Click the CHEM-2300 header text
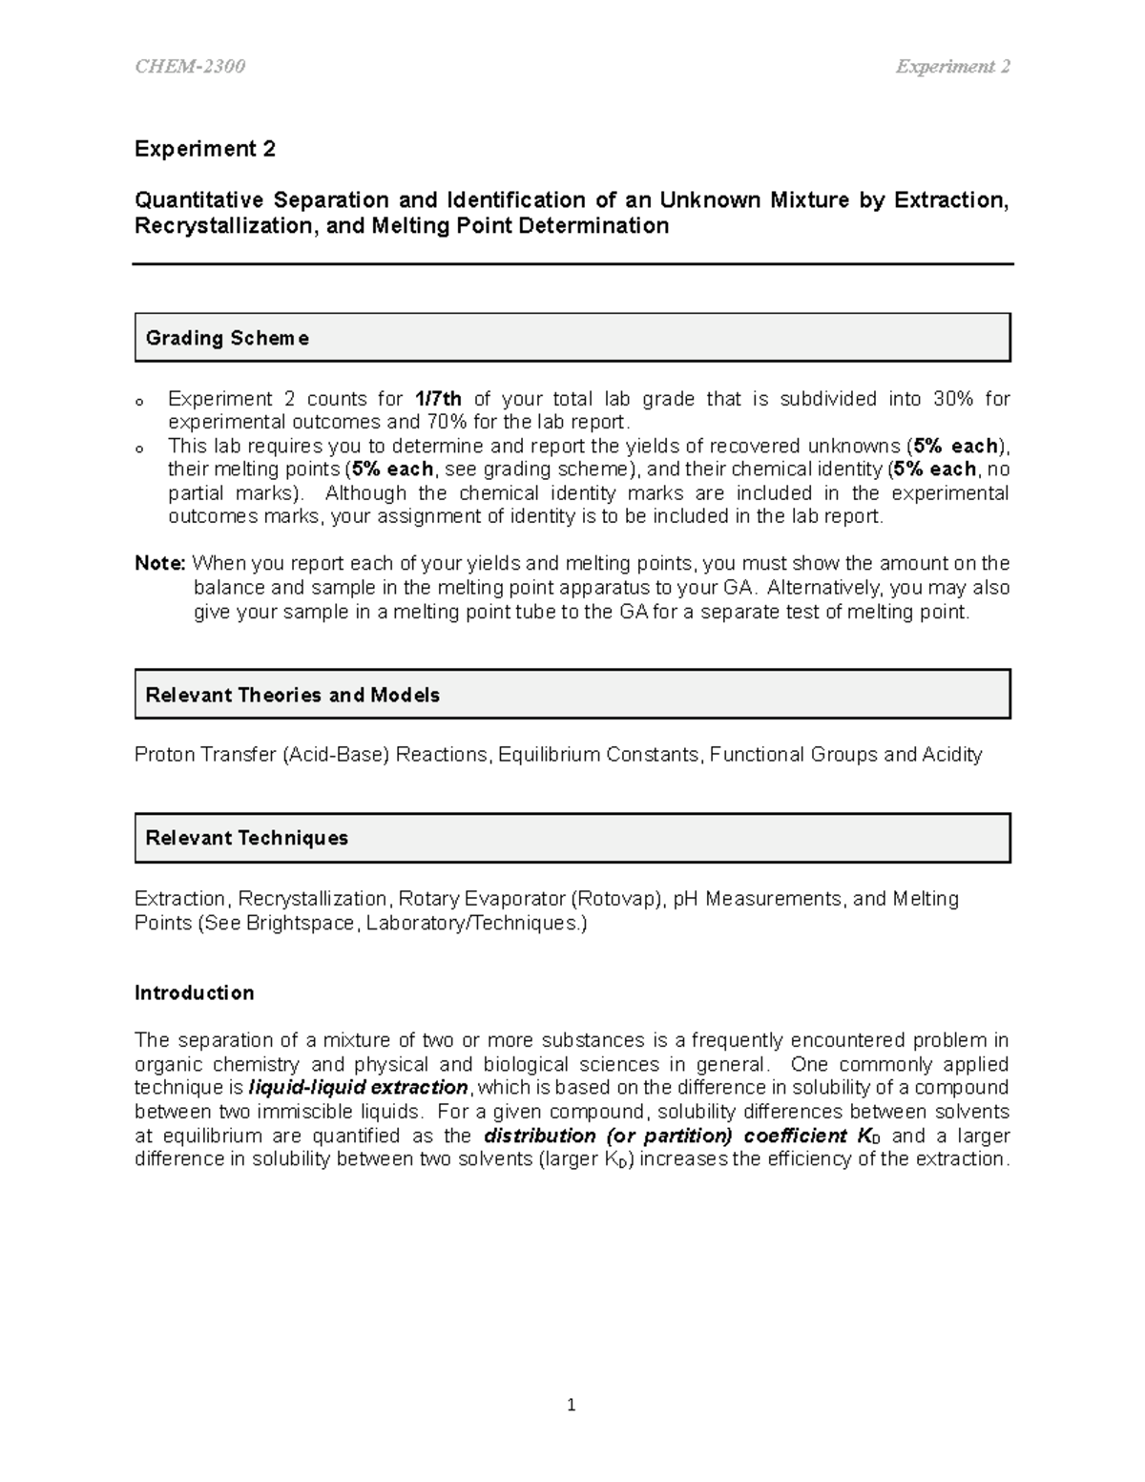click(190, 67)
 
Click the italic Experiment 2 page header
click(952, 67)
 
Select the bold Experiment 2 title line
click(204, 149)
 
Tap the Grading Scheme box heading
click(227, 338)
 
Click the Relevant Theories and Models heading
click(292, 695)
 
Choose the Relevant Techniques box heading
click(246, 838)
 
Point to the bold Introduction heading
click(194, 992)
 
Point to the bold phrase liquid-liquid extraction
click(358, 1088)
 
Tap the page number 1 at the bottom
click(572, 1405)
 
